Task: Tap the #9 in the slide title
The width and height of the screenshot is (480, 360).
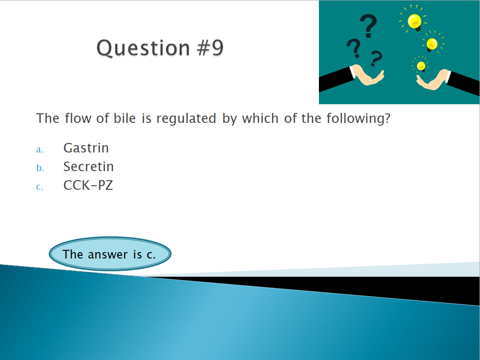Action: [211, 48]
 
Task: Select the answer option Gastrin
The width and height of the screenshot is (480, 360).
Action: [86, 148]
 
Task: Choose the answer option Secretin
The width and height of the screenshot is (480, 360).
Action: [88, 167]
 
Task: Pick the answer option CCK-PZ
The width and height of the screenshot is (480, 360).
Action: [88, 185]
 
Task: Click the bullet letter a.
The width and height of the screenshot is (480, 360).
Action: [40, 150]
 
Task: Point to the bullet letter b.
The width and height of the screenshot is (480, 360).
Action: [40, 168]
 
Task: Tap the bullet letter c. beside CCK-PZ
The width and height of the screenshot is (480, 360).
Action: [40, 187]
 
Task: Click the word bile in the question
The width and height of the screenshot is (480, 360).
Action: [125, 118]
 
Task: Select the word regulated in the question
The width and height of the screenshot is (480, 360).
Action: [186, 119]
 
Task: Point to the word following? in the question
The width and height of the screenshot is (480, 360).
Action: [359, 119]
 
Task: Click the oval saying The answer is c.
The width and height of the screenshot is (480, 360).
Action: [110, 254]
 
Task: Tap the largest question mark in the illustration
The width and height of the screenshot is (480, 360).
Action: [368, 26]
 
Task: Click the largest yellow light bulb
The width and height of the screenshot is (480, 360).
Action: [415, 22]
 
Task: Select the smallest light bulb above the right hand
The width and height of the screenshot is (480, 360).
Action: [421, 66]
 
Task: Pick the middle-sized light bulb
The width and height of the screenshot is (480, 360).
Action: [432, 45]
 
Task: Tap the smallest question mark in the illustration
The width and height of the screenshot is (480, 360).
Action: [376, 58]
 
